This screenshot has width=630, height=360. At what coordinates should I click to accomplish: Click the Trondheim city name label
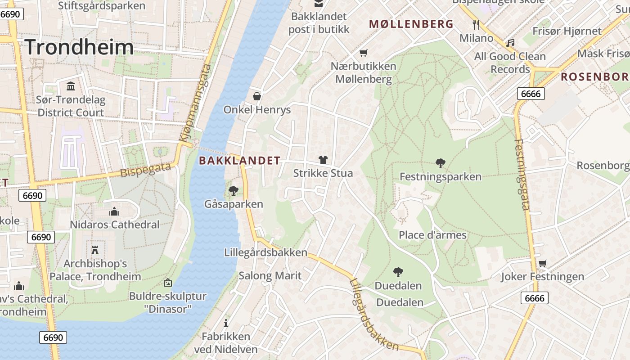coord(79,47)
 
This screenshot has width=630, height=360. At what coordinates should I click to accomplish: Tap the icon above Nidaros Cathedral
coord(114,211)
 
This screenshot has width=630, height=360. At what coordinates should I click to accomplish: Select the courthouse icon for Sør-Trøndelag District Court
coord(71,86)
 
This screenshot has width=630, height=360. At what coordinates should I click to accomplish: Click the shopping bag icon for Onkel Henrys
coord(257,96)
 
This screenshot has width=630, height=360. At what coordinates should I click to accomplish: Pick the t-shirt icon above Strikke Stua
coord(323,160)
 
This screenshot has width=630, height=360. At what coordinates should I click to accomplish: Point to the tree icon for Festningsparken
coord(441,163)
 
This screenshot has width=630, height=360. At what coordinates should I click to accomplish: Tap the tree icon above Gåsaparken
coord(233,191)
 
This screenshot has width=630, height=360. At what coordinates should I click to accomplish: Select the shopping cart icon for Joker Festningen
coord(543,263)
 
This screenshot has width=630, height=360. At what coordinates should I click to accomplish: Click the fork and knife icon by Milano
coord(477,24)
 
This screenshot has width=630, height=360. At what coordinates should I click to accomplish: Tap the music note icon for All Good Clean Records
coord(510,43)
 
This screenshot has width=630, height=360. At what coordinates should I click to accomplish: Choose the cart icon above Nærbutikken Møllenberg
coord(364,53)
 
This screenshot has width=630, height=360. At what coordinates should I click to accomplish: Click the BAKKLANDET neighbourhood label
coord(239,161)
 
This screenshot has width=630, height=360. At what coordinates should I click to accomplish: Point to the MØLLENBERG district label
coord(411,24)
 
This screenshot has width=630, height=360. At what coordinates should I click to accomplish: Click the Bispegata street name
coord(146,170)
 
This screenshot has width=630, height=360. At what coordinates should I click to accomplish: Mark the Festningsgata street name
coord(522,175)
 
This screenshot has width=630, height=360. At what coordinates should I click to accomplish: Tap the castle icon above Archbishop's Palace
coord(95,250)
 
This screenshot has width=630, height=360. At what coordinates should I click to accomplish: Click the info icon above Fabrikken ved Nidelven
coord(226,323)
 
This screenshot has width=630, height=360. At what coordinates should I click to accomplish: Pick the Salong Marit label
coord(270,275)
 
